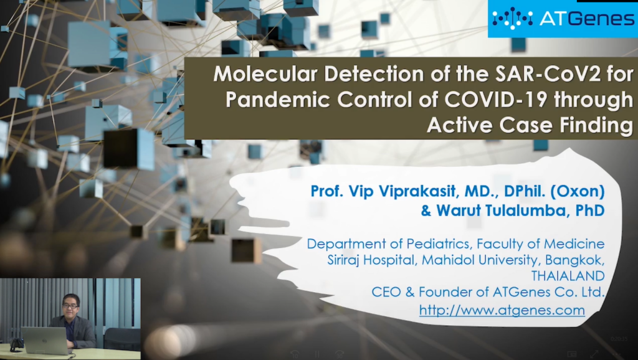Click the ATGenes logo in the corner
tap(563, 19)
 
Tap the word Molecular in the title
tap(265, 74)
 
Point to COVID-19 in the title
tap(495, 100)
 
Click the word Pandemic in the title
tap(278, 100)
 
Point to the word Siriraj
tap(343, 260)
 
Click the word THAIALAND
tap(568, 276)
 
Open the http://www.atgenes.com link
tap(502, 310)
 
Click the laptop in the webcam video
tap(45, 340)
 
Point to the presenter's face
tap(71, 305)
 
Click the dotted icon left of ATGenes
tap(513, 18)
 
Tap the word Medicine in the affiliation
tap(574, 244)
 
